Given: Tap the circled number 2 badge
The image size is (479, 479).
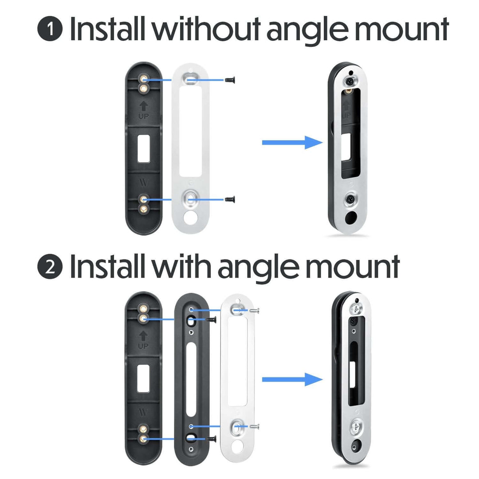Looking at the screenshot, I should tap(50, 268).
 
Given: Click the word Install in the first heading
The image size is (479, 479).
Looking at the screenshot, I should tap(108, 29).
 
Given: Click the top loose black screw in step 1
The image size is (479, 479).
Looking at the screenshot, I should tap(230, 80).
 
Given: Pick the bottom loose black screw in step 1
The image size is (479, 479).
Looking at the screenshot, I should tap(230, 200).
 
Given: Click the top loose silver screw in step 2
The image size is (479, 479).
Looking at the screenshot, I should tap(254, 310).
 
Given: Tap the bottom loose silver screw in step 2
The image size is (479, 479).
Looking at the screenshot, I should tap(254, 427).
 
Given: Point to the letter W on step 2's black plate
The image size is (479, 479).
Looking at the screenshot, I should tap(143, 412).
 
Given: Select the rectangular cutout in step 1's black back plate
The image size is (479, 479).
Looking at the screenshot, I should tap(144, 149).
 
